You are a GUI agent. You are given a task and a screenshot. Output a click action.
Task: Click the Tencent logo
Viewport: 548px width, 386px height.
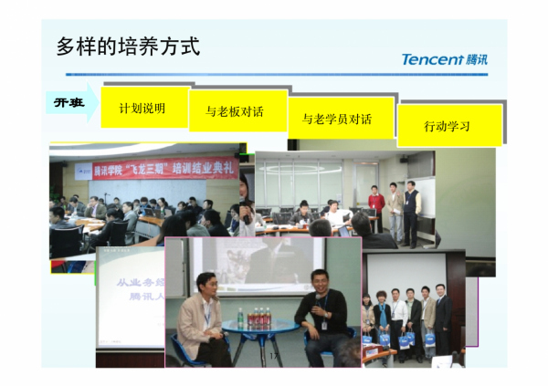445,59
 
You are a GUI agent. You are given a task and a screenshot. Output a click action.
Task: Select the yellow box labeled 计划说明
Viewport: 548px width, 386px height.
142,109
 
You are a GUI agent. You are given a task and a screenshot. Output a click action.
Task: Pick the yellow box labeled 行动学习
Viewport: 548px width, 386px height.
448,126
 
